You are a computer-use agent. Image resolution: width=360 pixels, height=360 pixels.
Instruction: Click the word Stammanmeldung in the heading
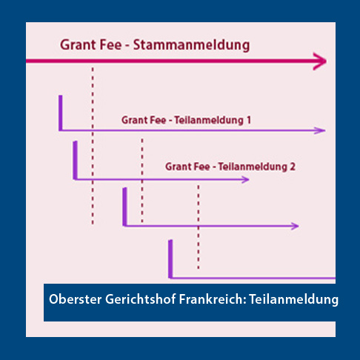(x=191, y=46)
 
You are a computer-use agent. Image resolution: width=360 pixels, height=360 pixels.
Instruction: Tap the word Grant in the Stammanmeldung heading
(x=78, y=45)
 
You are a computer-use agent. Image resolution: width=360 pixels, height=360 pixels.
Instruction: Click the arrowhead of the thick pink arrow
(x=320, y=61)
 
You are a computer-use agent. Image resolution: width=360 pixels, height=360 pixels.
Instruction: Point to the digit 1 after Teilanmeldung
(x=248, y=120)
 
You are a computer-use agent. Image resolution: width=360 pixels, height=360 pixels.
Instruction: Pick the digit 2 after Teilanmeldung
(x=293, y=167)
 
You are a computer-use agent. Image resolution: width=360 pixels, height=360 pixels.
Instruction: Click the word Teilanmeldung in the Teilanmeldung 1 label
(x=209, y=121)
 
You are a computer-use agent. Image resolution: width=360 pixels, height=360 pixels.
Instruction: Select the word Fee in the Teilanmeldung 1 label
(x=156, y=120)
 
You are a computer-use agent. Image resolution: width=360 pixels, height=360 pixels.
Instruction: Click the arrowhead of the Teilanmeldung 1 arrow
(x=320, y=130)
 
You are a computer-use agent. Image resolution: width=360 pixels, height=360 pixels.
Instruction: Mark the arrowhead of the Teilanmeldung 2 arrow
(x=245, y=179)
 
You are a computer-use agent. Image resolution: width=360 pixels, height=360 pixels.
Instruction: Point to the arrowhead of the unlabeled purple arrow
(x=295, y=226)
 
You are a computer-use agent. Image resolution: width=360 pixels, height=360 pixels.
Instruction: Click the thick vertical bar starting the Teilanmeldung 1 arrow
(x=61, y=113)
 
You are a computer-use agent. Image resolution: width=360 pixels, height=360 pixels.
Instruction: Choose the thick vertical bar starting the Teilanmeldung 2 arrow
(x=76, y=160)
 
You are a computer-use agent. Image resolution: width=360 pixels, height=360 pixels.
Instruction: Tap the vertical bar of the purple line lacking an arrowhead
(x=170, y=259)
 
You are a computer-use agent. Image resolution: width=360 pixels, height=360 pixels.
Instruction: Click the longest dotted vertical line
(x=93, y=146)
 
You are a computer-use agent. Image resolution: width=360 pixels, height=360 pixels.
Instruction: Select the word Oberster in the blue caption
(x=76, y=299)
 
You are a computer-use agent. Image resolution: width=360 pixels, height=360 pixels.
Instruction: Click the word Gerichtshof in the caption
(x=141, y=299)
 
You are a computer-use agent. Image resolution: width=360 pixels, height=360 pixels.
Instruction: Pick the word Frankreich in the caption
(x=212, y=299)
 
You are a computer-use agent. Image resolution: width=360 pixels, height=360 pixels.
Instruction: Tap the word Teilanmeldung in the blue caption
(x=293, y=300)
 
